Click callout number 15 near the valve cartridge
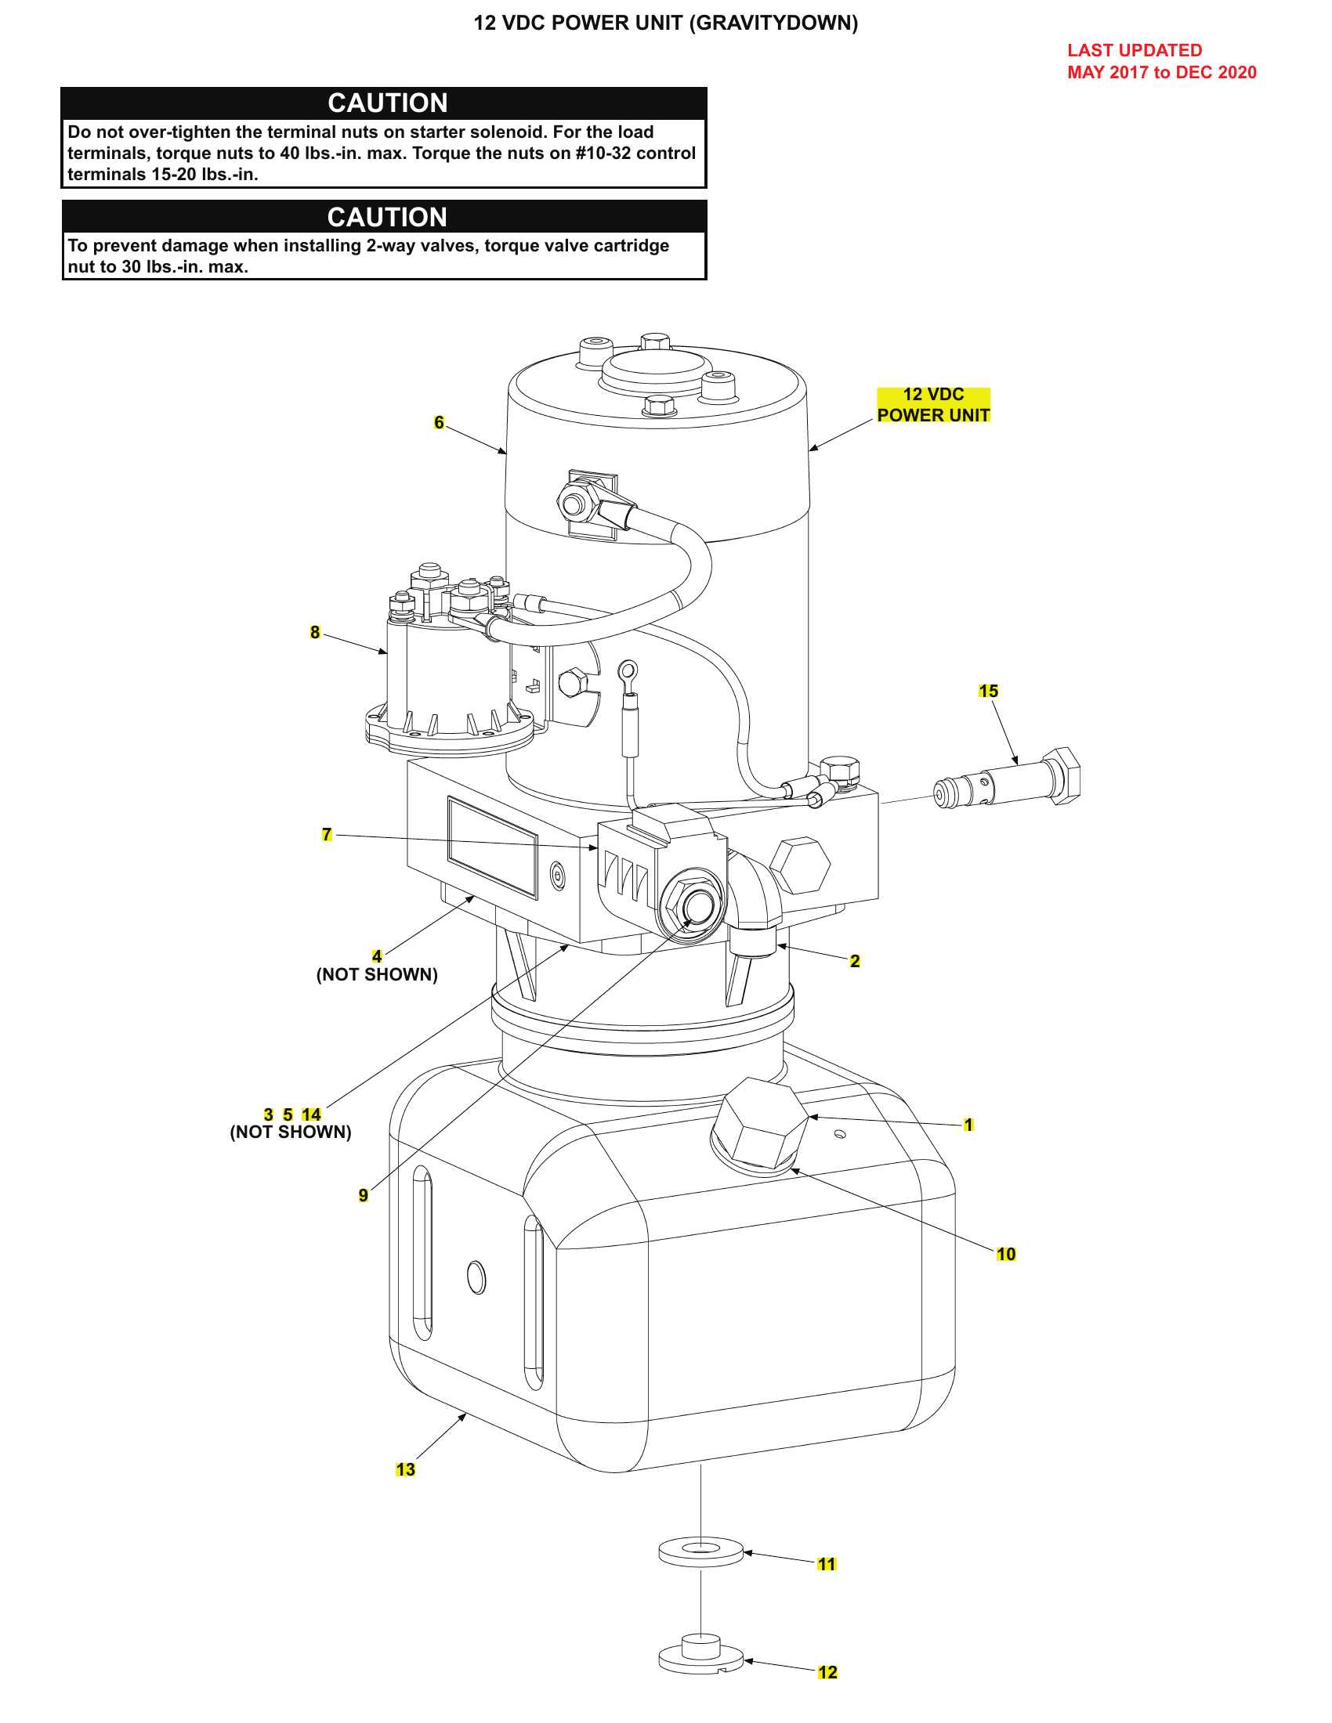pyautogui.click(x=988, y=691)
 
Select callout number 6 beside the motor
pyautogui.click(x=439, y=423)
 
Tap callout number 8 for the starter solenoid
pyautogui.click(x=315, y=632)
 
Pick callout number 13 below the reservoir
pyautogui.click(x=405, y=1469)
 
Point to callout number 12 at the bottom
pyautogui.click(x=827, y=1672)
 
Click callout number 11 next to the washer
pyautogui.click(x=826, y=1564)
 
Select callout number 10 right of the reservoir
pyautogui.click(x=1005, y=1254)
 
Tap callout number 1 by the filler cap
pyautogui.click(x=968, y=1124)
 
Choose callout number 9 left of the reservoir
pyautogui.click(x=363, y=1194)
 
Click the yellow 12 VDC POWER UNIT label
pyautogui.click(x=932, y=405)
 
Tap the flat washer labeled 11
pyautogui.click(x=700, y=1552)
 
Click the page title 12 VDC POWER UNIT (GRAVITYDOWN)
pyautogui.click(x=665, y=23)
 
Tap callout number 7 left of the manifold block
pyautogui.click(x=327, y=834)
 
